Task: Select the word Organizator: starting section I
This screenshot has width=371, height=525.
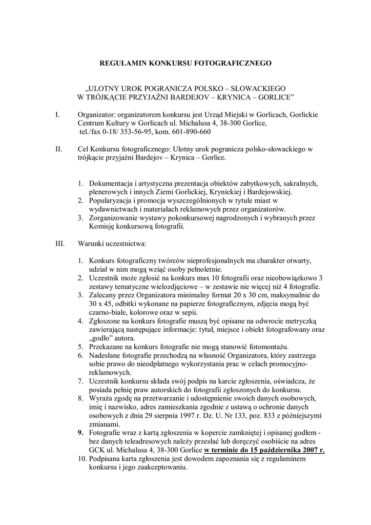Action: click(98, 115)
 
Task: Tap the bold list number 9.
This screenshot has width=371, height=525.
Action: click(81, 433)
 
